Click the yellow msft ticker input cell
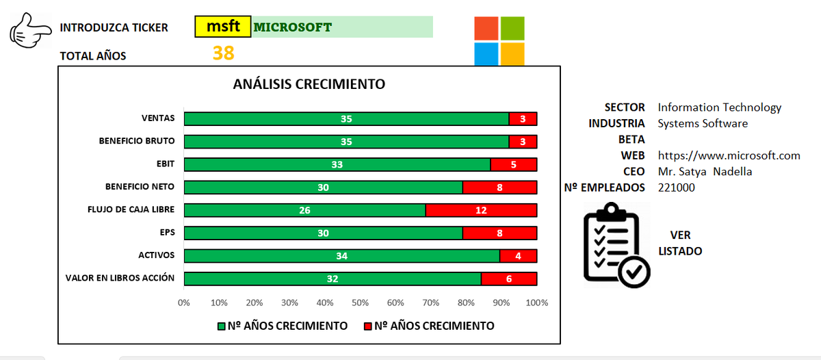click(223, 27)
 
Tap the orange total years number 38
click(223, 53)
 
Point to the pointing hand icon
click(31, 31)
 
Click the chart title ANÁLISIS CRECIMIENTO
click(309, 84)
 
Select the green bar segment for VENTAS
click(346, 119)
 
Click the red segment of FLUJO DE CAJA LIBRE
click(481, 210)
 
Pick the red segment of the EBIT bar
click(513, 164)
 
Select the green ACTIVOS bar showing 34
click(341, 256)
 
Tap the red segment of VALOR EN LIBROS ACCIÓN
click(508, 279)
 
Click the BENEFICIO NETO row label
click(140, 186)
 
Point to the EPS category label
click(166, 232)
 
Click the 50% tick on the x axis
click(361, 303)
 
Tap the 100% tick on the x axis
click(536, 303)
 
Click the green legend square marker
click(221, 326)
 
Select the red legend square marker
click(367, 326)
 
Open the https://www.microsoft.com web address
click(729, 155)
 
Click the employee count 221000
click(676, 187)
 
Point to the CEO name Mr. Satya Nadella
click(705, 171)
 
